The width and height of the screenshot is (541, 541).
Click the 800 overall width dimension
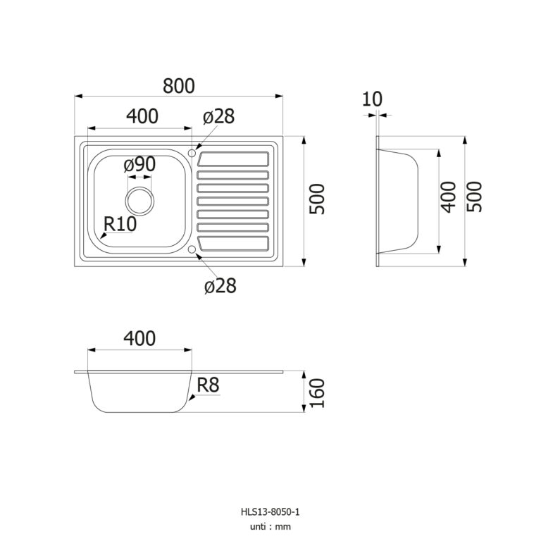179,85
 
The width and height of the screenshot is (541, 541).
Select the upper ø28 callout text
218,117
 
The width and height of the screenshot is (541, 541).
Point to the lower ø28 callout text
219,285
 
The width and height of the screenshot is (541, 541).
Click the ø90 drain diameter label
139,165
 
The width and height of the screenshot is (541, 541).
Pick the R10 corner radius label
119,225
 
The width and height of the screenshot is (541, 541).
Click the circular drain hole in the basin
139,200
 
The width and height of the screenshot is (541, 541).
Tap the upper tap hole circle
193,151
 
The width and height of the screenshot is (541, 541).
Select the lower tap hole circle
193,249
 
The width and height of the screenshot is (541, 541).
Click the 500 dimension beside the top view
318,199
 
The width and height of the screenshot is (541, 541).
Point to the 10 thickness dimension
372,99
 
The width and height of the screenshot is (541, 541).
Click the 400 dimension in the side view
449,198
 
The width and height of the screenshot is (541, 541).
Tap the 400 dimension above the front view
139,338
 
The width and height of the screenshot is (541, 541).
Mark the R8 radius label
209,385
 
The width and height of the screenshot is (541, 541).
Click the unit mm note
270,526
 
